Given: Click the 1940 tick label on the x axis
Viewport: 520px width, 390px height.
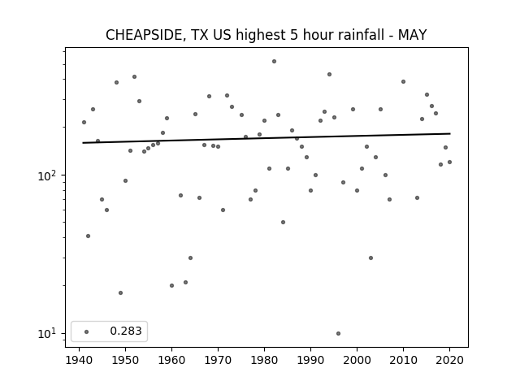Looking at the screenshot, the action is [x=80, y=360].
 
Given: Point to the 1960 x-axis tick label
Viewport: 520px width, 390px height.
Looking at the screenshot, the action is [x=171, y=360].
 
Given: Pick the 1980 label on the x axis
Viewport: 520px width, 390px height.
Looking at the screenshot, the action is [x=264, y=360].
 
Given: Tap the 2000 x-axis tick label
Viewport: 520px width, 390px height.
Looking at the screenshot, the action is [x=357, y=360].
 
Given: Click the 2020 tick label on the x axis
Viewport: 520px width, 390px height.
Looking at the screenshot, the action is [x=449, y=360].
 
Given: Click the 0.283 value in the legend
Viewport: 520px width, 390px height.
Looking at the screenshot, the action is [x=126, y=331].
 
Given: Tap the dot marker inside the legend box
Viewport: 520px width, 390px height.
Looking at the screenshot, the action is [x=87, y=331].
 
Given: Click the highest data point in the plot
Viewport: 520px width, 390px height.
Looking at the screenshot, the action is [x=275, y=62].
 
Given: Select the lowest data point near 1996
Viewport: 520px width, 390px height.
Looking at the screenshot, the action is [x=338, y=334].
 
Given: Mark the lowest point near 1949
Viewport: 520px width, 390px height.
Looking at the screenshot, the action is [x=121, y=292].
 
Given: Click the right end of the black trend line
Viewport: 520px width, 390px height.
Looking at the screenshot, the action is [x=450, y=133].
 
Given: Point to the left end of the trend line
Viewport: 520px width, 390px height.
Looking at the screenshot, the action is [x=83, y=143].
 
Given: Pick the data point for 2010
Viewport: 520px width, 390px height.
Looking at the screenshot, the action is [x=403, y=81].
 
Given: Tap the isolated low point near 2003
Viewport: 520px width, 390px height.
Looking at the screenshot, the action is [x=370, y=258].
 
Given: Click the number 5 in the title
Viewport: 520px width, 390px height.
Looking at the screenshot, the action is [x=294, y=35].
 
